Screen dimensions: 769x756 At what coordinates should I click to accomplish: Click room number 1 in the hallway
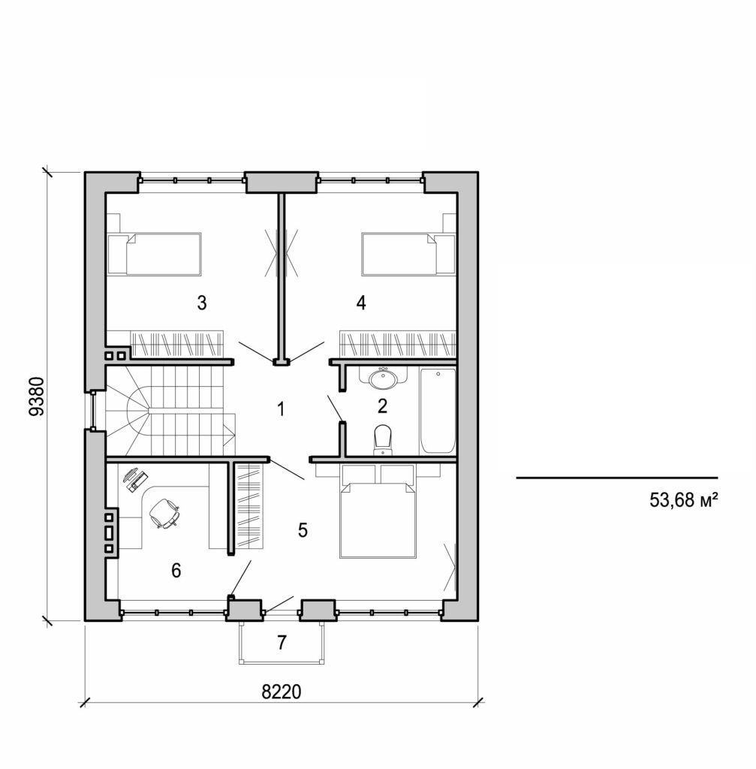pyautogui.click(x=281, y=409)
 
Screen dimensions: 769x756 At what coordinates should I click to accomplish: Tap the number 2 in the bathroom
pyautogui.click(x=382, y=406)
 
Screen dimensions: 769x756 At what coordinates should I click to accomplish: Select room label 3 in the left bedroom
pyautogui.click(x=201, y=303)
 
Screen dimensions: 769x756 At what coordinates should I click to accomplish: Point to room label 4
pyautogui.click(x=361, y=303)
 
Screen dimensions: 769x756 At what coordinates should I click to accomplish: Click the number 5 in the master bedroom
pyautogui.click(x=303, y=530)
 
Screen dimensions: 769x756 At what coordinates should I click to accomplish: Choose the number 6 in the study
pyautogui.click(x=176, y=571)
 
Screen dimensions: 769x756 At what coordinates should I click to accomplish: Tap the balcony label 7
pyautogui.click(x=282, y=642)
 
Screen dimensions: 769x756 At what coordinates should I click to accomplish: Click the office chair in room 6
pyautogui.click(x=164, y=514)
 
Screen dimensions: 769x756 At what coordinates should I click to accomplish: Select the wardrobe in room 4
pyautogui.click(x=398, y=345)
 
